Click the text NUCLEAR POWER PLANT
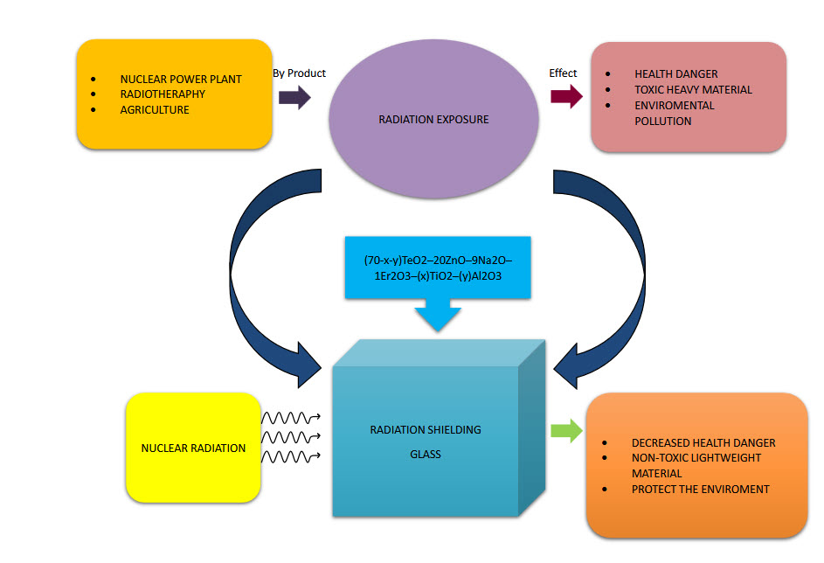pos(181,79)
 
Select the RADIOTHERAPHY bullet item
pos(163,94)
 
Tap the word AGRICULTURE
pos(154,110)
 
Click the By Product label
pos(299,73)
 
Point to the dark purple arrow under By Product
pos(294,97)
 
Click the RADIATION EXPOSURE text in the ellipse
pos(433,119)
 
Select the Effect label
pos(563,73)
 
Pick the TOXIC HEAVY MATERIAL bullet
pos(693,89)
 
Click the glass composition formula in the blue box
pos(438,268)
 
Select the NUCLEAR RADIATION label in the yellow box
pos(193,448)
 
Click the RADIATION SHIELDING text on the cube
pos(426,429)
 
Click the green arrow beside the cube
pos(566,430)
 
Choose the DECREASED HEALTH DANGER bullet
pos(703,442)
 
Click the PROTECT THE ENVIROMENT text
pos(700,490)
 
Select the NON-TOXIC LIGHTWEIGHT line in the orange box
pos(696,458)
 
